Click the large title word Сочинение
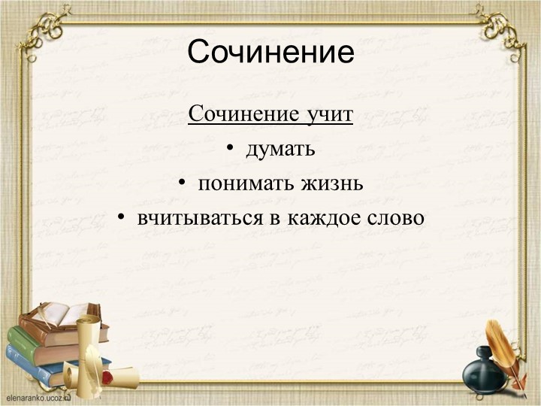(270, 53)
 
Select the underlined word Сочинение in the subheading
(242, 115)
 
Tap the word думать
(280, 150)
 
